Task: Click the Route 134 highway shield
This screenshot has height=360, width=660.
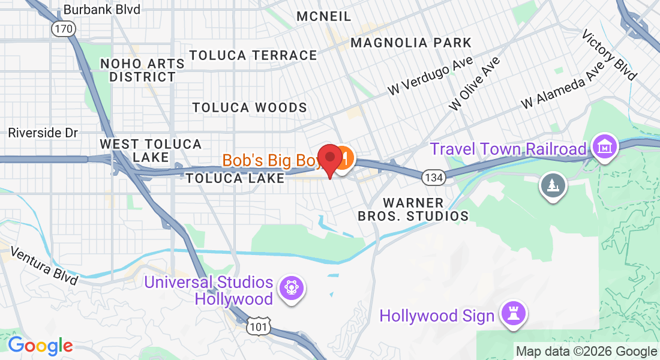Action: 433,178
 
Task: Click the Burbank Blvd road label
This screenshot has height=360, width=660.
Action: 101,10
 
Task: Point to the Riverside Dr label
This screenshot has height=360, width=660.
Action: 44,133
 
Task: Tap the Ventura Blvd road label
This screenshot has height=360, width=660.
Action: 44,266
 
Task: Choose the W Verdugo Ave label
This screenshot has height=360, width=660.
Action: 430,76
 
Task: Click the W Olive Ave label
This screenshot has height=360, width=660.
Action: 474,83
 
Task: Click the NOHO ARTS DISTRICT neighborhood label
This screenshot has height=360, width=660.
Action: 142,70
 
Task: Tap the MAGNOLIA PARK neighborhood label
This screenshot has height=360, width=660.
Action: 411,43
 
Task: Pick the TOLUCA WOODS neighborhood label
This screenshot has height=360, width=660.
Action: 250,107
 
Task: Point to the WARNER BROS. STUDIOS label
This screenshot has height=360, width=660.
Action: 413,209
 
